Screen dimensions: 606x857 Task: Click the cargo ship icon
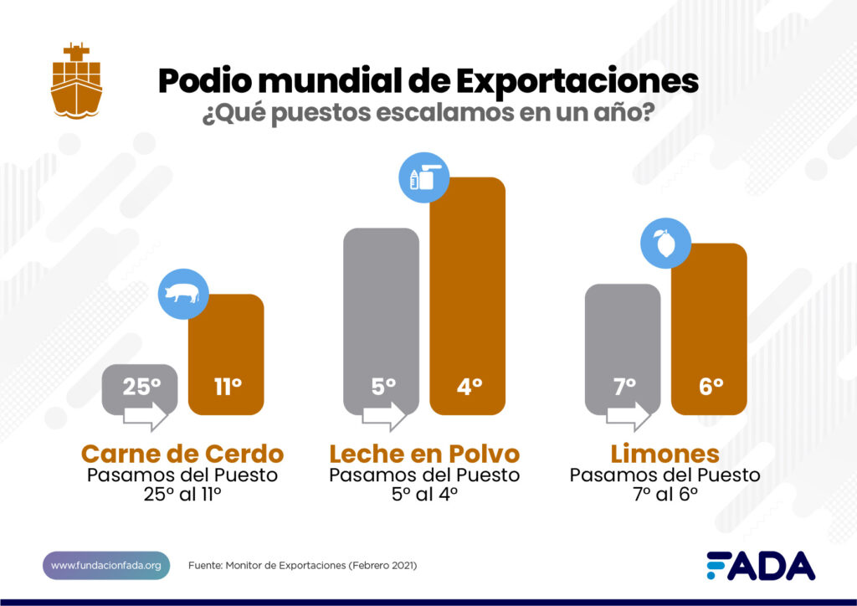point(76,80)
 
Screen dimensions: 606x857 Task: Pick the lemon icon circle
point(665,245)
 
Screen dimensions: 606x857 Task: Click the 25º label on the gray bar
point(141,387)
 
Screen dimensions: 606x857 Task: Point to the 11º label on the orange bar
point(226,387)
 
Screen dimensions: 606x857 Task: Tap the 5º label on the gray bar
point(382,387)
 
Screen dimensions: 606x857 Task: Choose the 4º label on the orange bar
point(469,387)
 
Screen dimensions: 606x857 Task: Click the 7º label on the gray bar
point(624,387)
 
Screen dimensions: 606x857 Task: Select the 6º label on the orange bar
point(710,387)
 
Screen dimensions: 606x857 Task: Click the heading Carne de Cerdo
point(182,454)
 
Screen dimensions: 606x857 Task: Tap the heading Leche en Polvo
point(424,454)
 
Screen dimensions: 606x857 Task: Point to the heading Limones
point(665,454)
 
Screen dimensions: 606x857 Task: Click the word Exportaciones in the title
point(577,82)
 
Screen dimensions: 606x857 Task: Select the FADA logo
point(760,566)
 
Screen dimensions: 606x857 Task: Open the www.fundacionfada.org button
point(106,566)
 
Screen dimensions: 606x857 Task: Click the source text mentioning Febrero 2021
point(302,566)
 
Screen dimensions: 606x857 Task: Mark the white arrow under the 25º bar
point(146,416)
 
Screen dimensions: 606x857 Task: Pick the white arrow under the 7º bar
point(629,416)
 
